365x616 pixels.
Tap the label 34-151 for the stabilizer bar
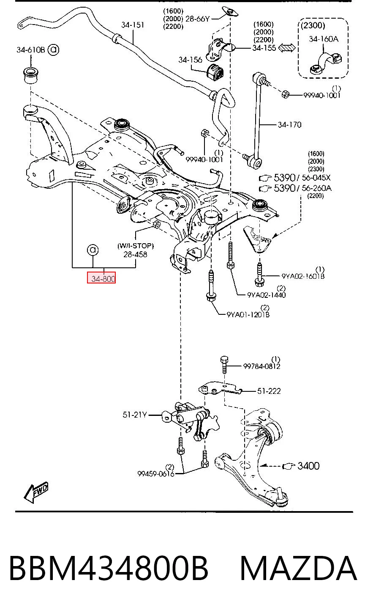[x=133, y=25]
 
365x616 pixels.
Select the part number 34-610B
[x=30, y=50]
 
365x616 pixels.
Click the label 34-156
[x=190, y=60]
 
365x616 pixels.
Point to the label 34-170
[x=289, y=125]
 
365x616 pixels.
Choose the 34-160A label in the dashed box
[x=324, y=39]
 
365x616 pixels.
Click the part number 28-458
[x=135, y=254]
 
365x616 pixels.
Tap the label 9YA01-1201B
[x=248, y=314]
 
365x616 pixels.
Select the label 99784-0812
[x=261, y=366]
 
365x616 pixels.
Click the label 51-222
[x=269, y=391]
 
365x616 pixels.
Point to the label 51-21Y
[x=135, y=415]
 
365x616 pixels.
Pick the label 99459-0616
[x=156, y=474]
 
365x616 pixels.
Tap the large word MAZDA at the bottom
[x=299, y=569]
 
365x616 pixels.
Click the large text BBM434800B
[x=109, y=569]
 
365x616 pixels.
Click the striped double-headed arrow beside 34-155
[x=286, y=48]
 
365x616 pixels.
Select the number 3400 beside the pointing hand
[x=308, y=466]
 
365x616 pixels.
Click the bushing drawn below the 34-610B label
[x=30, y=74]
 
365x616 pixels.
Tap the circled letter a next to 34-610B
[x=53, y=50]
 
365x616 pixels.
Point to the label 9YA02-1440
[x=267, y=295]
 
